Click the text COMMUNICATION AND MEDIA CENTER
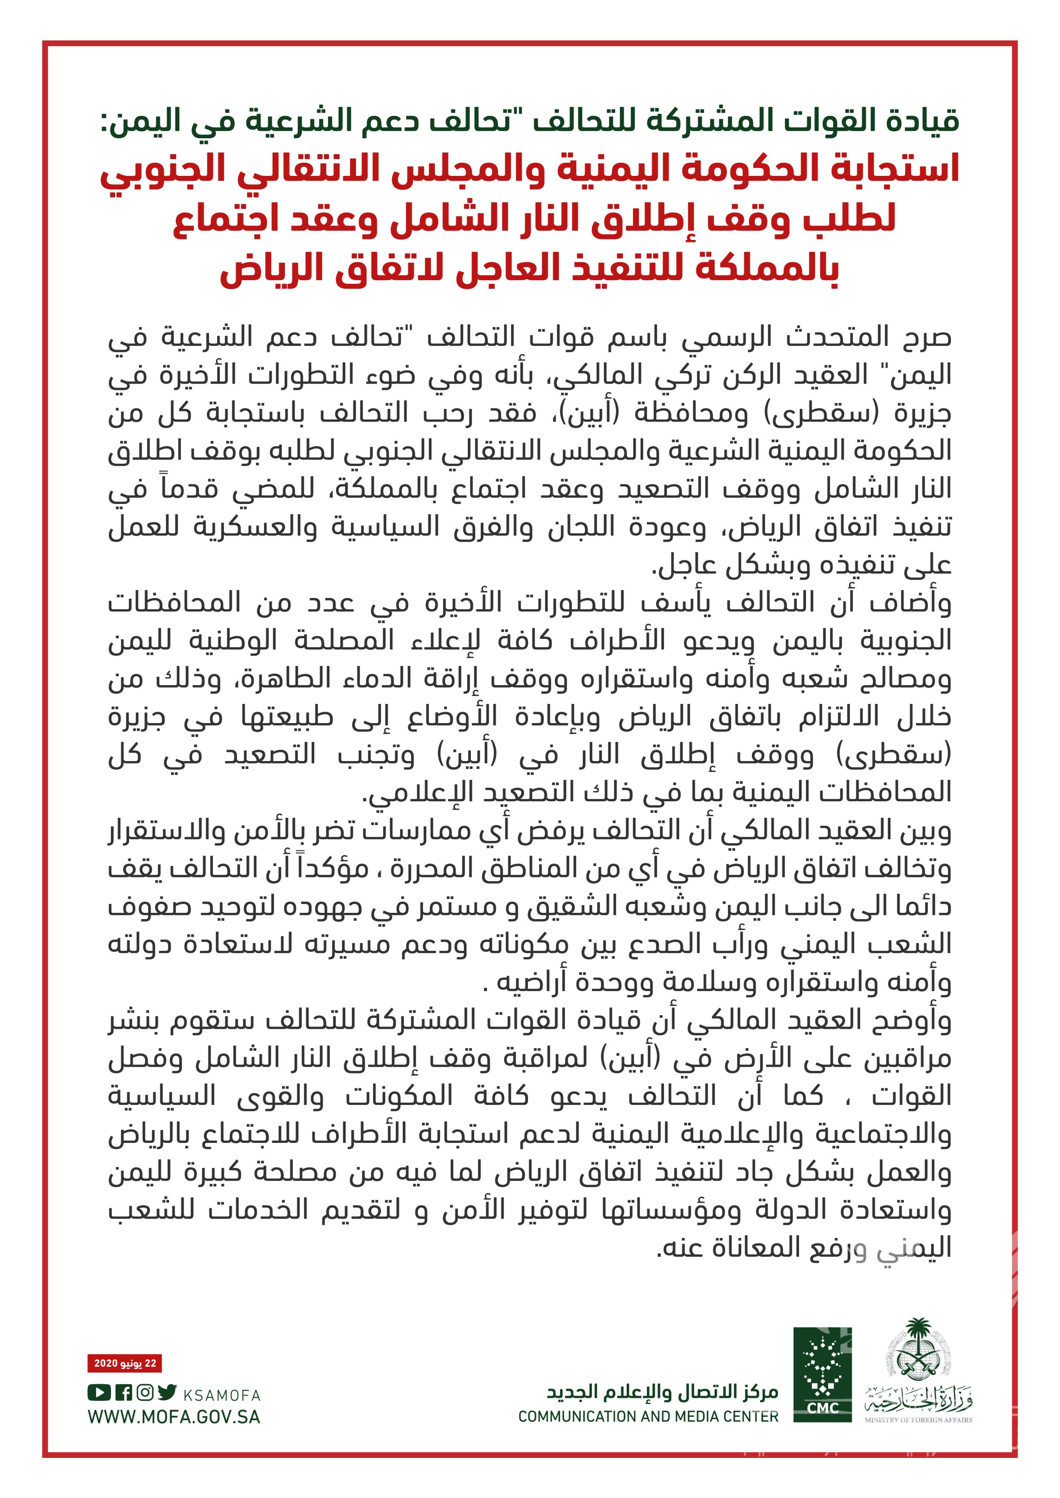[648, 1416]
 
